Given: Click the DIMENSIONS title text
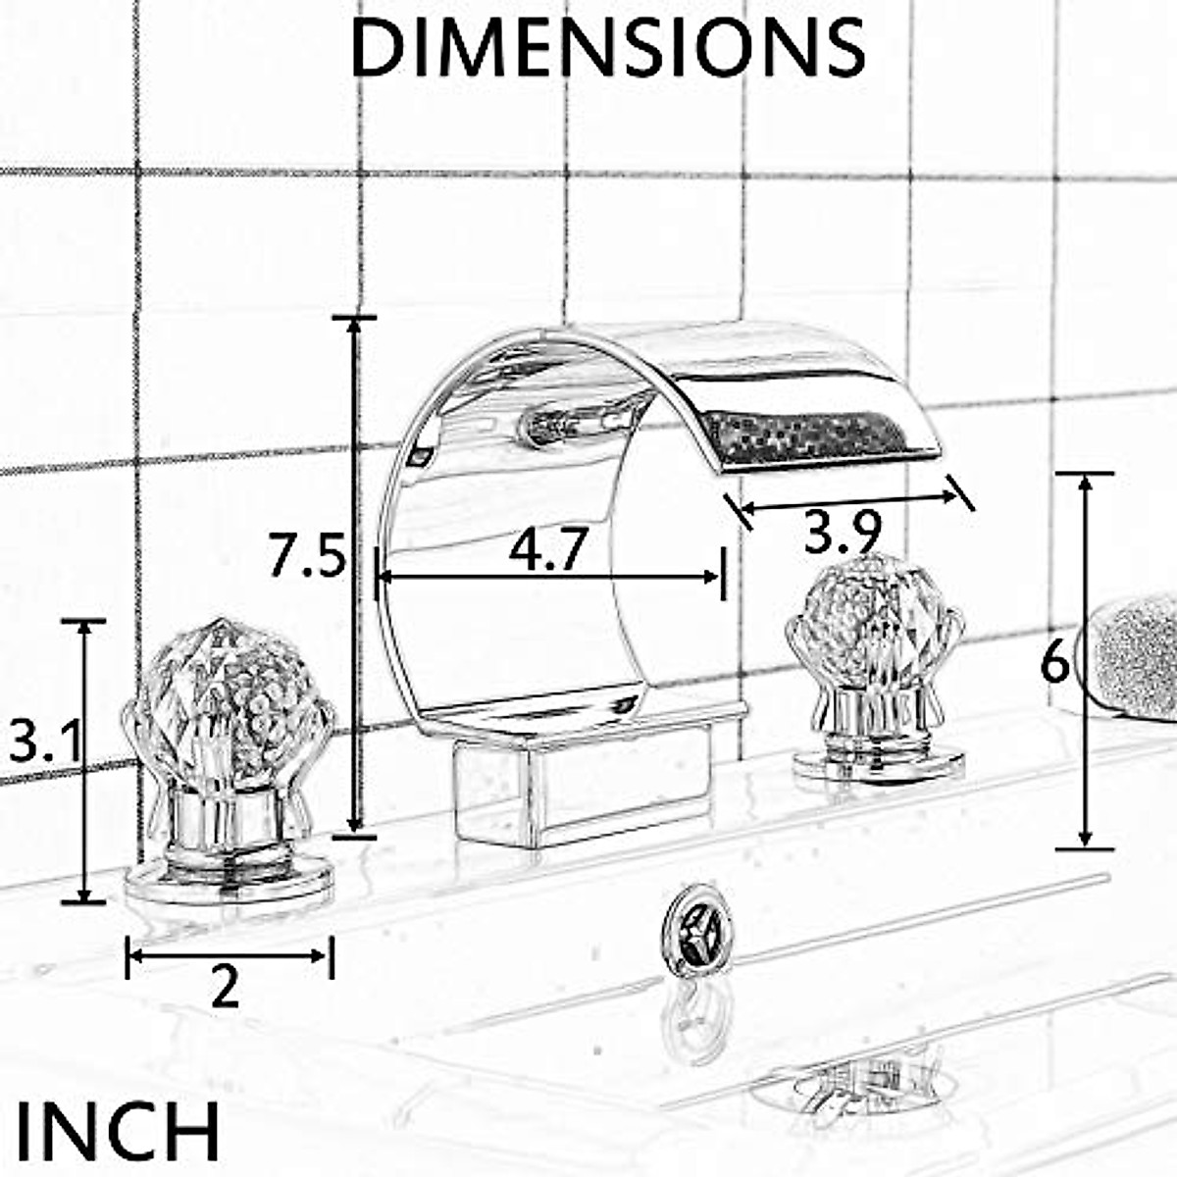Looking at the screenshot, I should pyautogui.click(x=607, y=47).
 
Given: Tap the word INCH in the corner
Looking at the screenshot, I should pyautogui.click(x=118, y=1131).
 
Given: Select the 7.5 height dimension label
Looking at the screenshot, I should pyautogui.click(x=307, y=557).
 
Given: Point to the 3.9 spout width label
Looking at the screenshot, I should pyautogui.click(x=843, y=534).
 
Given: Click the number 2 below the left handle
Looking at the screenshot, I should pyautogui.click(x=225, y=988).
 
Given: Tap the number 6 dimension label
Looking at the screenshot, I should pyautogui.click(x=1054, y=665).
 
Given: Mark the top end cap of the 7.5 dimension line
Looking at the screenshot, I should pyautogui.click(x=354, y=319).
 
